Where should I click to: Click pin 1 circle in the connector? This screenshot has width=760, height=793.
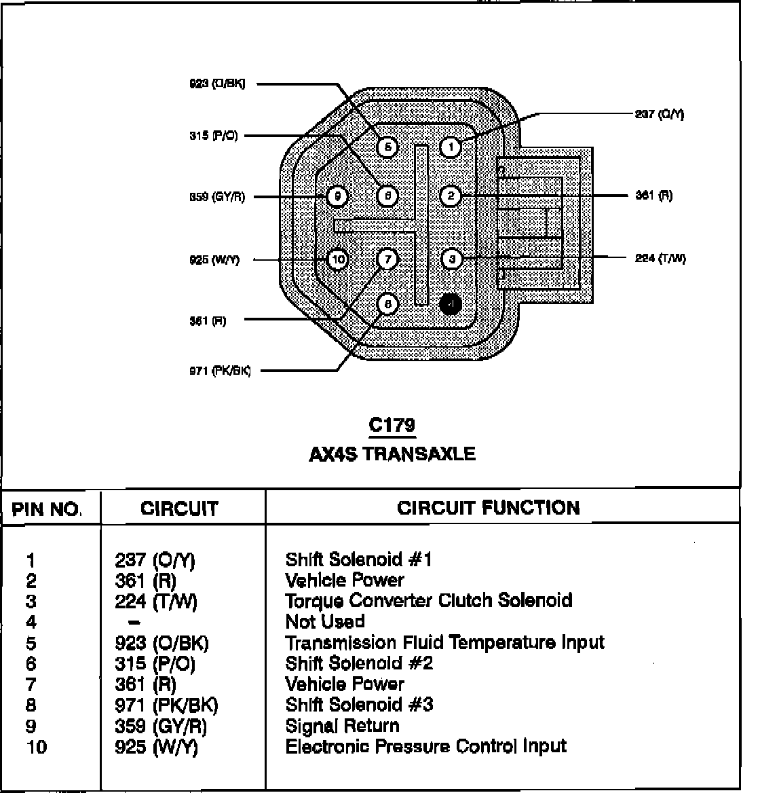click(451, 147)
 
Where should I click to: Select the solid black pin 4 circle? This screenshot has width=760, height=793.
click(451, 304)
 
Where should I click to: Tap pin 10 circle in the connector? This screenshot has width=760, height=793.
click(337, 259)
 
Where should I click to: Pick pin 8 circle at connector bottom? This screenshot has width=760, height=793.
click(387, 304)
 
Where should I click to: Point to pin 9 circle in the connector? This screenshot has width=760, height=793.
click(337, 197)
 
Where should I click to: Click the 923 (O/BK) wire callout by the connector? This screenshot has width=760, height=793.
click(216, 84)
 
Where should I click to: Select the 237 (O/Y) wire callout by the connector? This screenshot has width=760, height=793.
click(659, 115)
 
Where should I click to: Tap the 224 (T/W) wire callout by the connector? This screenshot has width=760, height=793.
click(660, 258)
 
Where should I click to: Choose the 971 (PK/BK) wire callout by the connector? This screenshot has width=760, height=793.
click(220, 371)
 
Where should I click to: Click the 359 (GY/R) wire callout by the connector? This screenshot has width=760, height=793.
click(216, 197)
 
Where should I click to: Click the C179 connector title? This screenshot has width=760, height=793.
click(392, 426)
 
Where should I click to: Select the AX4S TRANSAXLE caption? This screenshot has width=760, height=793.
click(392, 454)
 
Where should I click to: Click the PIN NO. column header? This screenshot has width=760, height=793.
click(47, 509)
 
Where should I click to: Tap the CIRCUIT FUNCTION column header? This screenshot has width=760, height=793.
click(489, 508)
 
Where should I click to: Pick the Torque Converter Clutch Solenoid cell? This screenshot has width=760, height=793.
click(428, 601)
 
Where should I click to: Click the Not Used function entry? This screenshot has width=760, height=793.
click(325, 621)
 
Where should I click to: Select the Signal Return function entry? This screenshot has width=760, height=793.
click(342, 726)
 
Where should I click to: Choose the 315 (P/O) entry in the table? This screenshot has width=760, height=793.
click(155, 663)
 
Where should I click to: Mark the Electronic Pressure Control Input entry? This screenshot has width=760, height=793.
click(425, 747)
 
